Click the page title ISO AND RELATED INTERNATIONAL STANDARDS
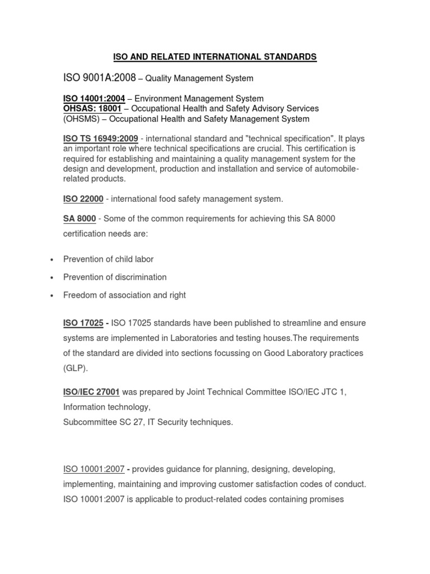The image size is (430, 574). [x=215, y=57]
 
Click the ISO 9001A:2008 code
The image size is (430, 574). [x=99, y=78]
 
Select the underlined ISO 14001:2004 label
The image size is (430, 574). [x=94, y=99]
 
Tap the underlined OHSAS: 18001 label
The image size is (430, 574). [x=92, y=109]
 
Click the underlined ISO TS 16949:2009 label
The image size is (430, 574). [x=101, y=138]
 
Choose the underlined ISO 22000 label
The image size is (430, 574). [x=83, y=198]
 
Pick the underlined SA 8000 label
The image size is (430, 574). [x=80, y=219]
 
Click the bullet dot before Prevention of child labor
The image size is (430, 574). [x=52, y=260]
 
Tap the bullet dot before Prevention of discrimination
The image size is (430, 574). [x=52, y=277]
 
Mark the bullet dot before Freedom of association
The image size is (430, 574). [x=52, y=295]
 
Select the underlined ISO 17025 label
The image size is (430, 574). [x=83, y=323]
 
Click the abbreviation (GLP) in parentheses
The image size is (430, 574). [x=75, y=368]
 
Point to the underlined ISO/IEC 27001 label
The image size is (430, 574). [x=91, y=392]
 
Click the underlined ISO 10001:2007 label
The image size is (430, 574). [x=94, y=469]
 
